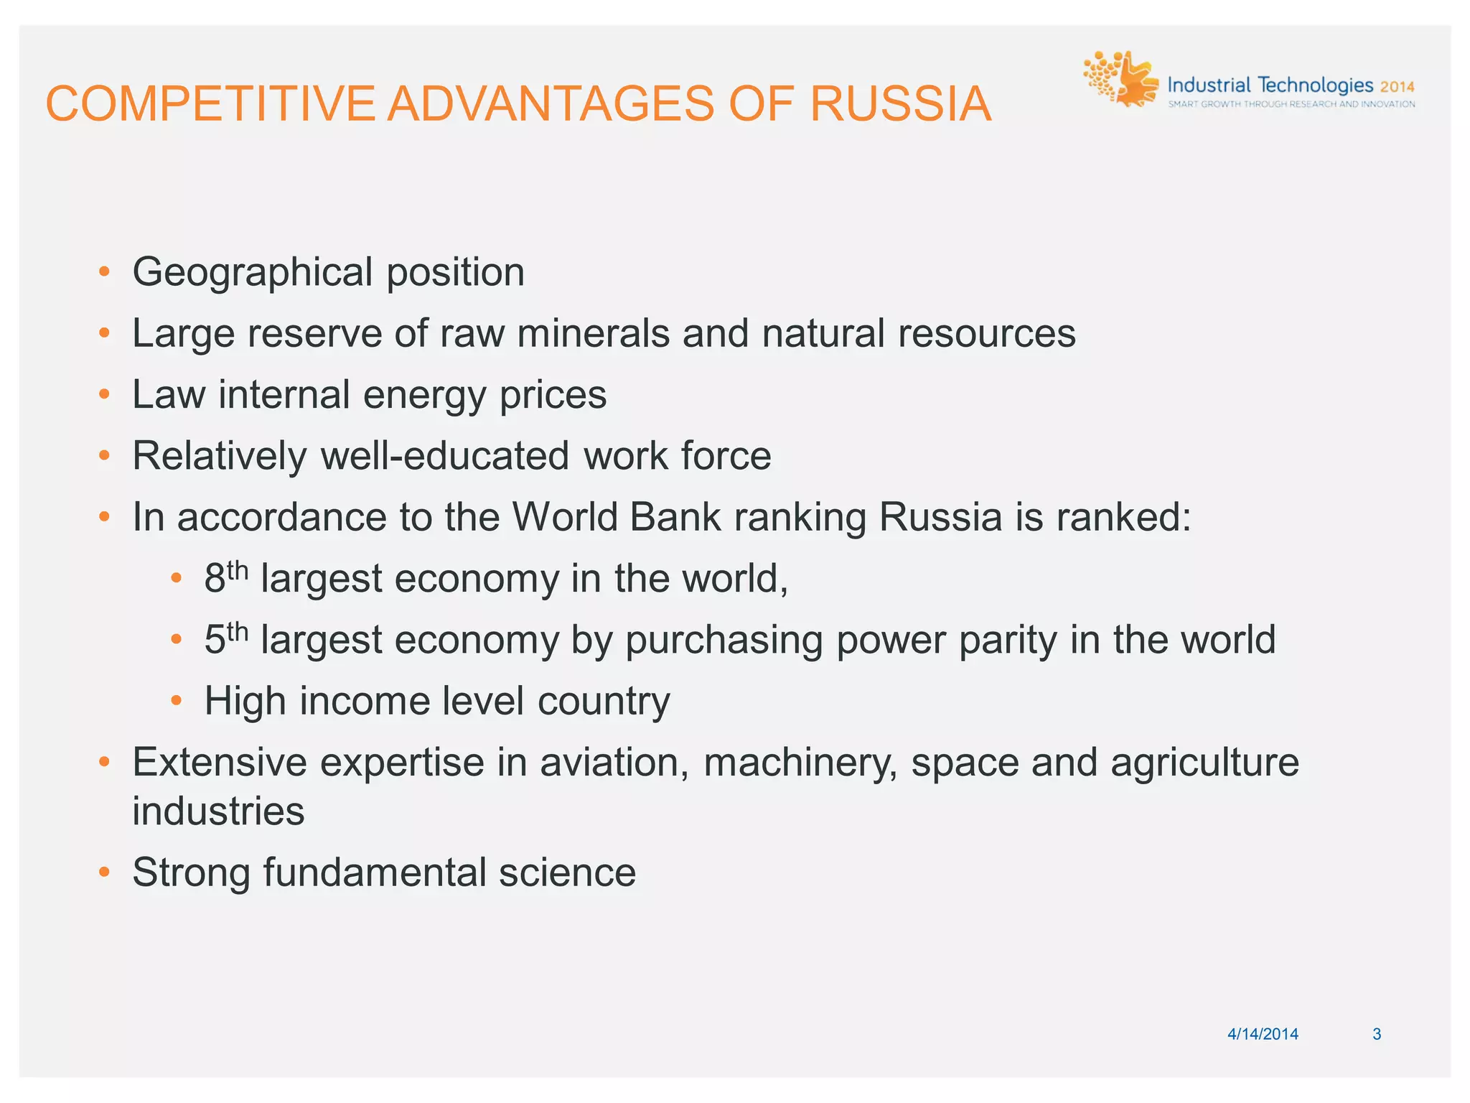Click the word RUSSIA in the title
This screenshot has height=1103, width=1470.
click(900, 104)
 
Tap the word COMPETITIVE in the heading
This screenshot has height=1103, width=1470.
click(210, 104)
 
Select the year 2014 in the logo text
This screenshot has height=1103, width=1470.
click(1397, 87)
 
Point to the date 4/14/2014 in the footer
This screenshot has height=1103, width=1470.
click(1263, 1034)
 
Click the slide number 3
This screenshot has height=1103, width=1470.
click(1377, 1034)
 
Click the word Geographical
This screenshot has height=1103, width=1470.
click(253, 273)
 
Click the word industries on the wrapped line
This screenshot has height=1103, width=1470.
click(218, 811)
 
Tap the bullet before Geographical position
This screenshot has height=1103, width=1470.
click(105, 272)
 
